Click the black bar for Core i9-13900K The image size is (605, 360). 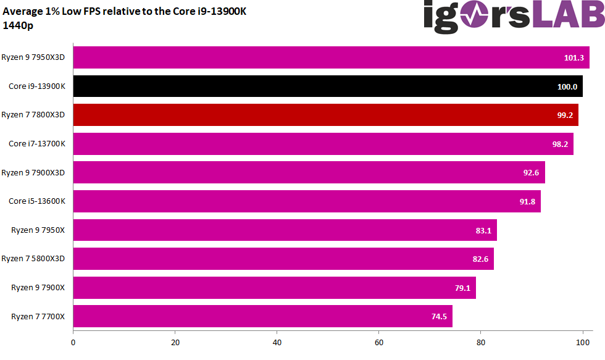coord(327,86)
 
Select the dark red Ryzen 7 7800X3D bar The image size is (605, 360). coord(325,115)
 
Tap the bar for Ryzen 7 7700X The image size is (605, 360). coord(262,316)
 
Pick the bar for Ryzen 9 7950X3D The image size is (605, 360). coord(331,58)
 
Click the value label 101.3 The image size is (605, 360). coord(574,58)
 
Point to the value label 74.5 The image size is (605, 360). coord(439,316)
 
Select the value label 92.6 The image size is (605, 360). coord(531,172)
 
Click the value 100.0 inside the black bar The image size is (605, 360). coord(567,87)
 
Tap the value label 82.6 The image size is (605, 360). coord(480,259)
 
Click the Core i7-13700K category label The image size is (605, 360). coord(36,144)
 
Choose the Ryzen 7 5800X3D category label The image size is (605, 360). coord(33,259)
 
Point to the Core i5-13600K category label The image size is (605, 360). coord(36,201)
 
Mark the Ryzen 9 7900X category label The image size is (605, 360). coord(38,287)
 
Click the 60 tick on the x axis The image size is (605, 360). coord(379,342)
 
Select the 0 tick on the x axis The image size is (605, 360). coord(73,342)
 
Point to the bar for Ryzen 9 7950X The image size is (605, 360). coord(285,230)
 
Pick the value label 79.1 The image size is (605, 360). coord(462,288)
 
